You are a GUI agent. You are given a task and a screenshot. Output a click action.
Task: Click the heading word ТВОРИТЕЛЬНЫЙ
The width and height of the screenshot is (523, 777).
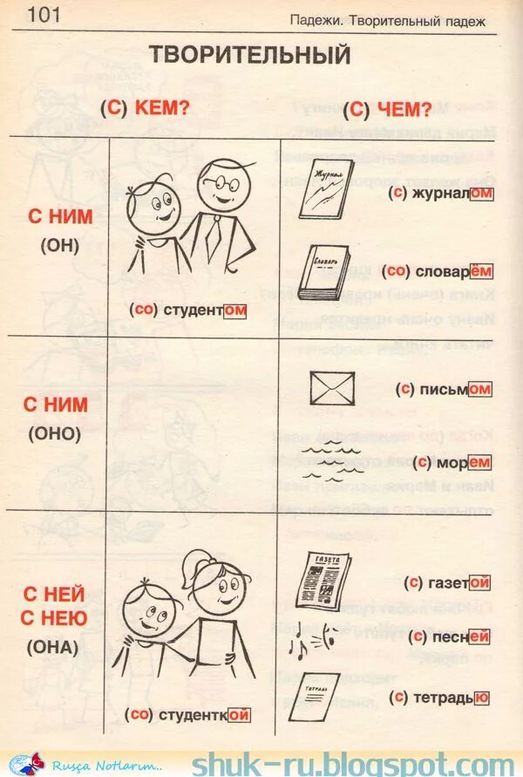pos(249,55)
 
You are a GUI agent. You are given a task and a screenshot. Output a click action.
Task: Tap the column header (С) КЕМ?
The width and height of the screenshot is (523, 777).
pos(145,109)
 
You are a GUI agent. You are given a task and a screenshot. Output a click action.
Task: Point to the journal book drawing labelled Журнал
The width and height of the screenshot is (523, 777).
pos(325,188)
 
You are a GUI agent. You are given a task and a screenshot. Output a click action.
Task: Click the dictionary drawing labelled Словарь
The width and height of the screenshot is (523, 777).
pos(323,272)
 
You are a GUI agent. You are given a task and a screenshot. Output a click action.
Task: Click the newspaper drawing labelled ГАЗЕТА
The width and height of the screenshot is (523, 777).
pos(323,579)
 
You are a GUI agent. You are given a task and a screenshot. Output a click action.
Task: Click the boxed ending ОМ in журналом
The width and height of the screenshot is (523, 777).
pos(481,194)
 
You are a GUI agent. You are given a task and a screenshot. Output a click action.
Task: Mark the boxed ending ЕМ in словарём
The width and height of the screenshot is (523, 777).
pos(481,271)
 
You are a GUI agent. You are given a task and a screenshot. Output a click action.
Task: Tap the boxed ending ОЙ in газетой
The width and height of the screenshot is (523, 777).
pos(480,582)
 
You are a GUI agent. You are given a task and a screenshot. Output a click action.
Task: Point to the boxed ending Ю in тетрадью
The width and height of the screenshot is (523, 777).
pos(482,697)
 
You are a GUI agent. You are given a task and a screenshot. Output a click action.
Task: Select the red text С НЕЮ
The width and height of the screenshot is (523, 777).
pos(55,619)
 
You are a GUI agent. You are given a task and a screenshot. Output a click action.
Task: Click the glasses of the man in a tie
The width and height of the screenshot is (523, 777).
pos(222,182)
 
